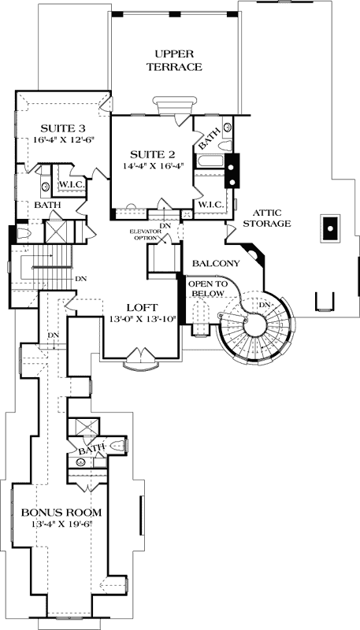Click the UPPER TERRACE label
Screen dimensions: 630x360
(173, 61)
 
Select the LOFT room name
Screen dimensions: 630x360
(143, 306)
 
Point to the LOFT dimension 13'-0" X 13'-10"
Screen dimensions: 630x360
(143, 319)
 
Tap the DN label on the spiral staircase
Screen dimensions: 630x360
(265, 305)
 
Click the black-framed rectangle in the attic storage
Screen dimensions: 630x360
(329, 228)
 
